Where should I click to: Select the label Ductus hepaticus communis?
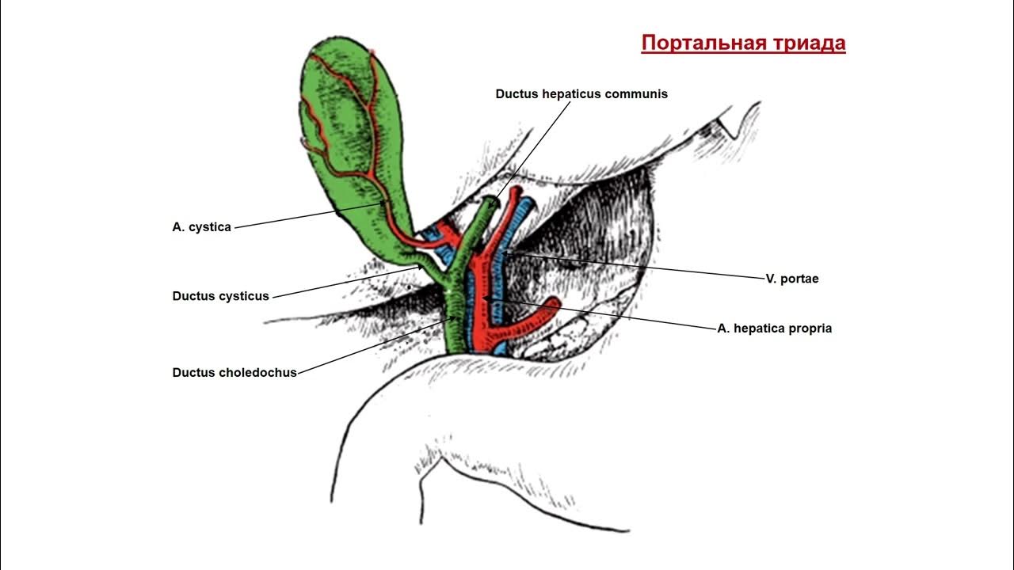coord(581,93)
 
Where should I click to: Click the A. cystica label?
coord(201,227)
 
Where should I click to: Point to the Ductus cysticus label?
coord(220,296)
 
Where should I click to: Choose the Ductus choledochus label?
coord(234,372)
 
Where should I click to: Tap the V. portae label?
coord(791,279)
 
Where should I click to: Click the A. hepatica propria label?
coord(774,328)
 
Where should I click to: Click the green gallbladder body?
coord(349,135)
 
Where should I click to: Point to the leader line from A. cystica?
coord(309,215)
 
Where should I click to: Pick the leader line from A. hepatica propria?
coord(610,315)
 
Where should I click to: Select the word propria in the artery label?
coord(809,328)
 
